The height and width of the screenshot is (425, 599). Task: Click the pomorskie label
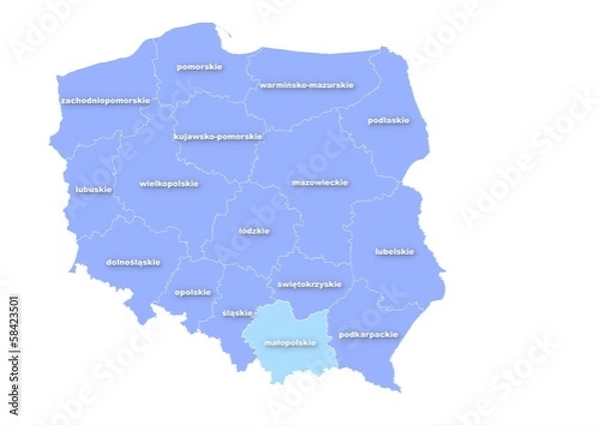pyautogui.click(x=199, y=67)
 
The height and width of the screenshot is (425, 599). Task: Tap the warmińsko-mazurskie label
pyautogui.click(x=305, y=85)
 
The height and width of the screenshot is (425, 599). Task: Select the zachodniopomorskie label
pyautogui.click(x=105, y=101)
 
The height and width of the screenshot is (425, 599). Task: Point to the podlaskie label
pyautogui.click(x=388, y=120)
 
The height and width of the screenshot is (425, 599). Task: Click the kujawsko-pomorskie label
pyautogui.click(x=218, y=136)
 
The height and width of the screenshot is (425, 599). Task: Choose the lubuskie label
pyautogui.click(x=94, y=188)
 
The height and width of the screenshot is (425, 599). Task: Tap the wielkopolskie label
pyautogui.click(x=169, y=184)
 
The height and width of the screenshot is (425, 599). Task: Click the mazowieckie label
pyautogui.click(x=319, y=183)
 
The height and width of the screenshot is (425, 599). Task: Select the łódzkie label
pyautogui.click(x=255, y=231)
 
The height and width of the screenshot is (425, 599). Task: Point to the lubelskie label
pyautogui.click(x=394, y=251)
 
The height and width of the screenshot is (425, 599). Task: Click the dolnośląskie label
pyautogui.click(x=133, y=262)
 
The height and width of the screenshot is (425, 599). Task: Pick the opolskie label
pyautogui.click(x=193, y=292)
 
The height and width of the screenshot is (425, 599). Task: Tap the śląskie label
pyautogui.click(x=238, y=312)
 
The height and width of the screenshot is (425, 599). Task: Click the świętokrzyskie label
pyautogui.click(x=309, y=284)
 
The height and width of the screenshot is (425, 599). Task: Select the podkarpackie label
pyautogui.click(x=368, y=334)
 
